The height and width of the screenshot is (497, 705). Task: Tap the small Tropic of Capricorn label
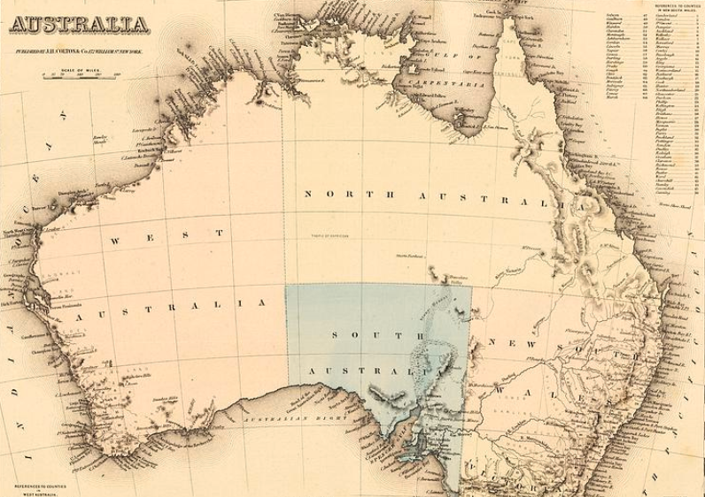coord(331,235)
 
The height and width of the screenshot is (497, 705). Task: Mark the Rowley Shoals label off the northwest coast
coord(124,164)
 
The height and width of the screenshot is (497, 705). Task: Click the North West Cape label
coord(18,233)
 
